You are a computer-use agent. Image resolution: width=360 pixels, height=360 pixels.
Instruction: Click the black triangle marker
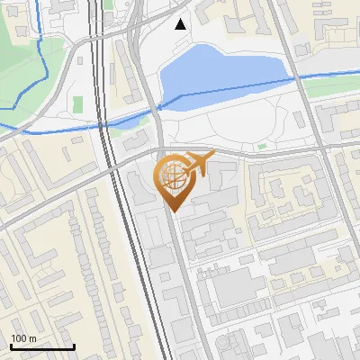(181, 24)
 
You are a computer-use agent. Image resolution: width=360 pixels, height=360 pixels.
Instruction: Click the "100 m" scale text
(23, 338)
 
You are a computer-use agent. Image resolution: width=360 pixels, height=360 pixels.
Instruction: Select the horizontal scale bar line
(42, 346)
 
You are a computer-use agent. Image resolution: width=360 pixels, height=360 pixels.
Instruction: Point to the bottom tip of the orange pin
(173, 211)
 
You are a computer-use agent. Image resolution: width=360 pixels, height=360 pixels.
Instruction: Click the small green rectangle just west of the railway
(77, 104)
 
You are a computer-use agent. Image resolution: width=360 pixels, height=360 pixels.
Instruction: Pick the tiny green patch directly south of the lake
(263, 145)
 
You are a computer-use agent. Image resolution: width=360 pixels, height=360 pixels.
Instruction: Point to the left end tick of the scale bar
(11, 345)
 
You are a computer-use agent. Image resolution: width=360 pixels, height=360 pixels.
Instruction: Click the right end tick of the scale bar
(74, 345)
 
